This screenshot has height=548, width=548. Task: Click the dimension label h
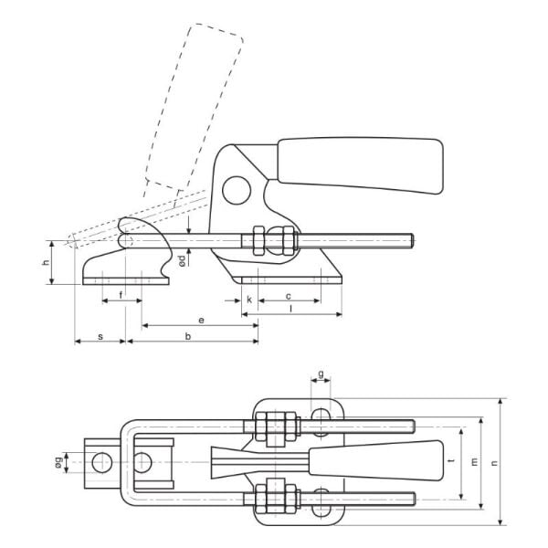coord(46,262)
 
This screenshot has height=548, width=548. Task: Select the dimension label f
coord(121,295)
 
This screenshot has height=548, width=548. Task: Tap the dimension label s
coord(100,337)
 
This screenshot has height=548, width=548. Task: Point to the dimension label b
coord(188,336)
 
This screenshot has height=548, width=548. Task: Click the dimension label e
coord(201,321)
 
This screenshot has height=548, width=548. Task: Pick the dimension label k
coord(249,300)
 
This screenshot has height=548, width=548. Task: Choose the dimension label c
coord(289,296)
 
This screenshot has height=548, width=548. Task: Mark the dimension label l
coord(291,309)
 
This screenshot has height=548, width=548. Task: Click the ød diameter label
coord(182,260)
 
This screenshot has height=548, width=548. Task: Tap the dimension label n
coord(494,463)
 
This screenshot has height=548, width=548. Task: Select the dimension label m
coord(474,462)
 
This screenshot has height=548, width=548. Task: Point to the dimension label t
coord(453,460)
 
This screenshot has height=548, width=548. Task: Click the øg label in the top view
coord(59,462)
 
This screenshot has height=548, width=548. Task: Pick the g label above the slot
coord(321,374)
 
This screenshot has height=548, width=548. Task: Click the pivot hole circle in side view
coord(237,191)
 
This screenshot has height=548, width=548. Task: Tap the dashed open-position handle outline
coord(194,107)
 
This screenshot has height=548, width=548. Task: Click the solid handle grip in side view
coord(361,165)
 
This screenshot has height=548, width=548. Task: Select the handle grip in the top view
coord(376,460)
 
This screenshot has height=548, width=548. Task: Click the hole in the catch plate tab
coord(102,462)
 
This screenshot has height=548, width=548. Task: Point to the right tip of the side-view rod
coord(415,241)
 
